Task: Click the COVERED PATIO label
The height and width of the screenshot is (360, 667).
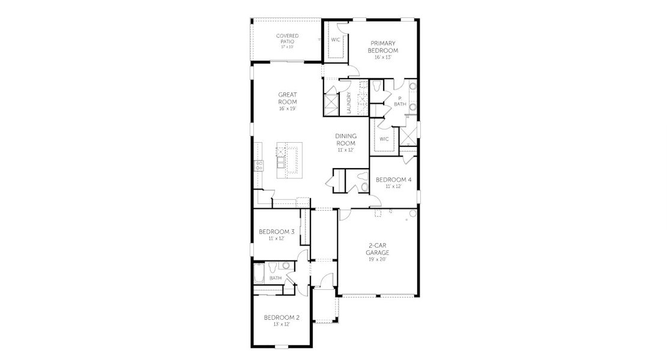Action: (x=287, y=38)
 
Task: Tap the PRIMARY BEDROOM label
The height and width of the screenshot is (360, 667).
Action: (x=384, y=47)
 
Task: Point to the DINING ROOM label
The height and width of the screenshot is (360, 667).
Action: (x=345, y=140)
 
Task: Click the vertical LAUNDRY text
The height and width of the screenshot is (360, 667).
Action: (x=349, y=102)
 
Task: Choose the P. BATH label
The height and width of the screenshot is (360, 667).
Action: (x=399, y=102)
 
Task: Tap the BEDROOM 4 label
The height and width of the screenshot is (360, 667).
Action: (x=393, y=179)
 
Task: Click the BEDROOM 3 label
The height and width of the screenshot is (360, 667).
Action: (x=276, y=232)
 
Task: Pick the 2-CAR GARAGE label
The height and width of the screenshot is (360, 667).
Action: (x=378, y=249)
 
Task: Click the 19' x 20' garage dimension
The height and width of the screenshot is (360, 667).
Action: (x=378, y=259)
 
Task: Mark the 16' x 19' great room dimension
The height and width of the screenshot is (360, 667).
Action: (x=287, y=109)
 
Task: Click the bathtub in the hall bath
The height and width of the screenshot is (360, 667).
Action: (x=259, y=273)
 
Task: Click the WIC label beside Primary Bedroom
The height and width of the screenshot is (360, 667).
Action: (x=336, y=40)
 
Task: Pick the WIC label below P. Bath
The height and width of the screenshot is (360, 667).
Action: (x=384, y=139)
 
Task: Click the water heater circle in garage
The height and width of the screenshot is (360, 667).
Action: (x=413, y=214)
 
